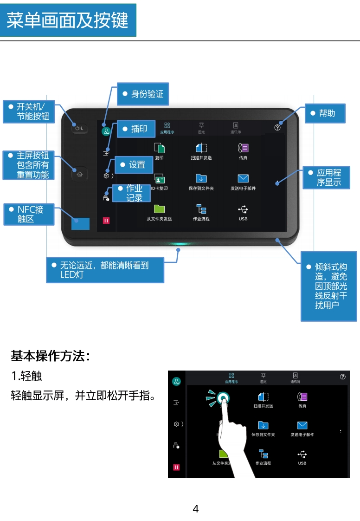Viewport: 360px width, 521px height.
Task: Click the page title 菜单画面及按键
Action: click(x=68, y=20)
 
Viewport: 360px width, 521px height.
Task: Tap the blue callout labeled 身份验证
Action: click(x=143, y=94)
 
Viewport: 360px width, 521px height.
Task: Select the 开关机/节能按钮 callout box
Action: click(x=28, y=111)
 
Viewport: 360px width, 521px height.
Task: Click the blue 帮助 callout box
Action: click(x=325, y=113)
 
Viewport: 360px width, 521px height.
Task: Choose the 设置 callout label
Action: click(x=133, y=164)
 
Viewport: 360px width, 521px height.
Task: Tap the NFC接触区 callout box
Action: click(x=28, y=214)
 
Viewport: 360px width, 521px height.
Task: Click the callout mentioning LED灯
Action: click(x=105, y=270)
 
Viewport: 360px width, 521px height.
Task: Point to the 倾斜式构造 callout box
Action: click(x=328, y=286)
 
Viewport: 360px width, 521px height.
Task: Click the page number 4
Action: click(x=195, y=509)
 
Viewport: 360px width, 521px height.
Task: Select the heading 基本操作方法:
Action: click(x=50, y=356)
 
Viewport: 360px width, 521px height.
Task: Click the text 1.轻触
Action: click(x=27, y=375)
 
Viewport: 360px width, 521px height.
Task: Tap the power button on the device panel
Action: click(x=80, y=128)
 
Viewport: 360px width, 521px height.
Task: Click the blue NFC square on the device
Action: click(x=80, y=223)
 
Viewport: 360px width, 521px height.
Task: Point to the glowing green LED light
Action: click(x=179, y=243)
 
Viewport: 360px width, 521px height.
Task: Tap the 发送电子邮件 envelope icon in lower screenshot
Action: click(x=302, y=425)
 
